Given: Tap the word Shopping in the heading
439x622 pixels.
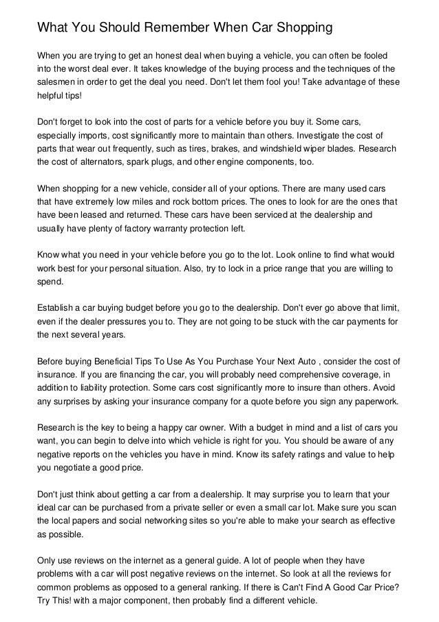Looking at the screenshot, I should click(x=299, y=28).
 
